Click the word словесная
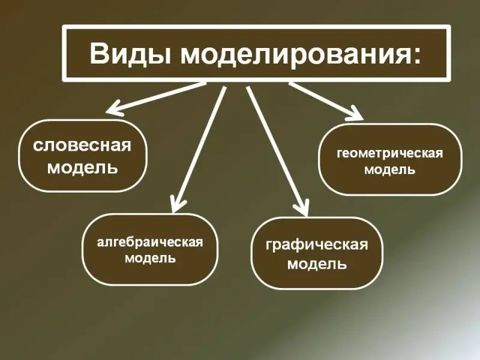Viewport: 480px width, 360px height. (82, 145)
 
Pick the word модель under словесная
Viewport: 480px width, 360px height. (83, 167)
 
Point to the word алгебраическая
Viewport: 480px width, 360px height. (150, 242)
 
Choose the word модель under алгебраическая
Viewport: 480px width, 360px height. (151, 258)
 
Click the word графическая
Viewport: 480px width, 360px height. (317, 245)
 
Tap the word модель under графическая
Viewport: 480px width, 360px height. (317, 263)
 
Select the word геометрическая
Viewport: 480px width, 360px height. (390, 154)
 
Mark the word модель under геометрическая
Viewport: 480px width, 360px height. (389, 169)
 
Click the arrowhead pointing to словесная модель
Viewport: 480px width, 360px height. (115, 109)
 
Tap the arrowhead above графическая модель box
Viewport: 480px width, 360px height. (301, 208)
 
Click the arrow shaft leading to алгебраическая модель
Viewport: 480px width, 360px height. (199, 149)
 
